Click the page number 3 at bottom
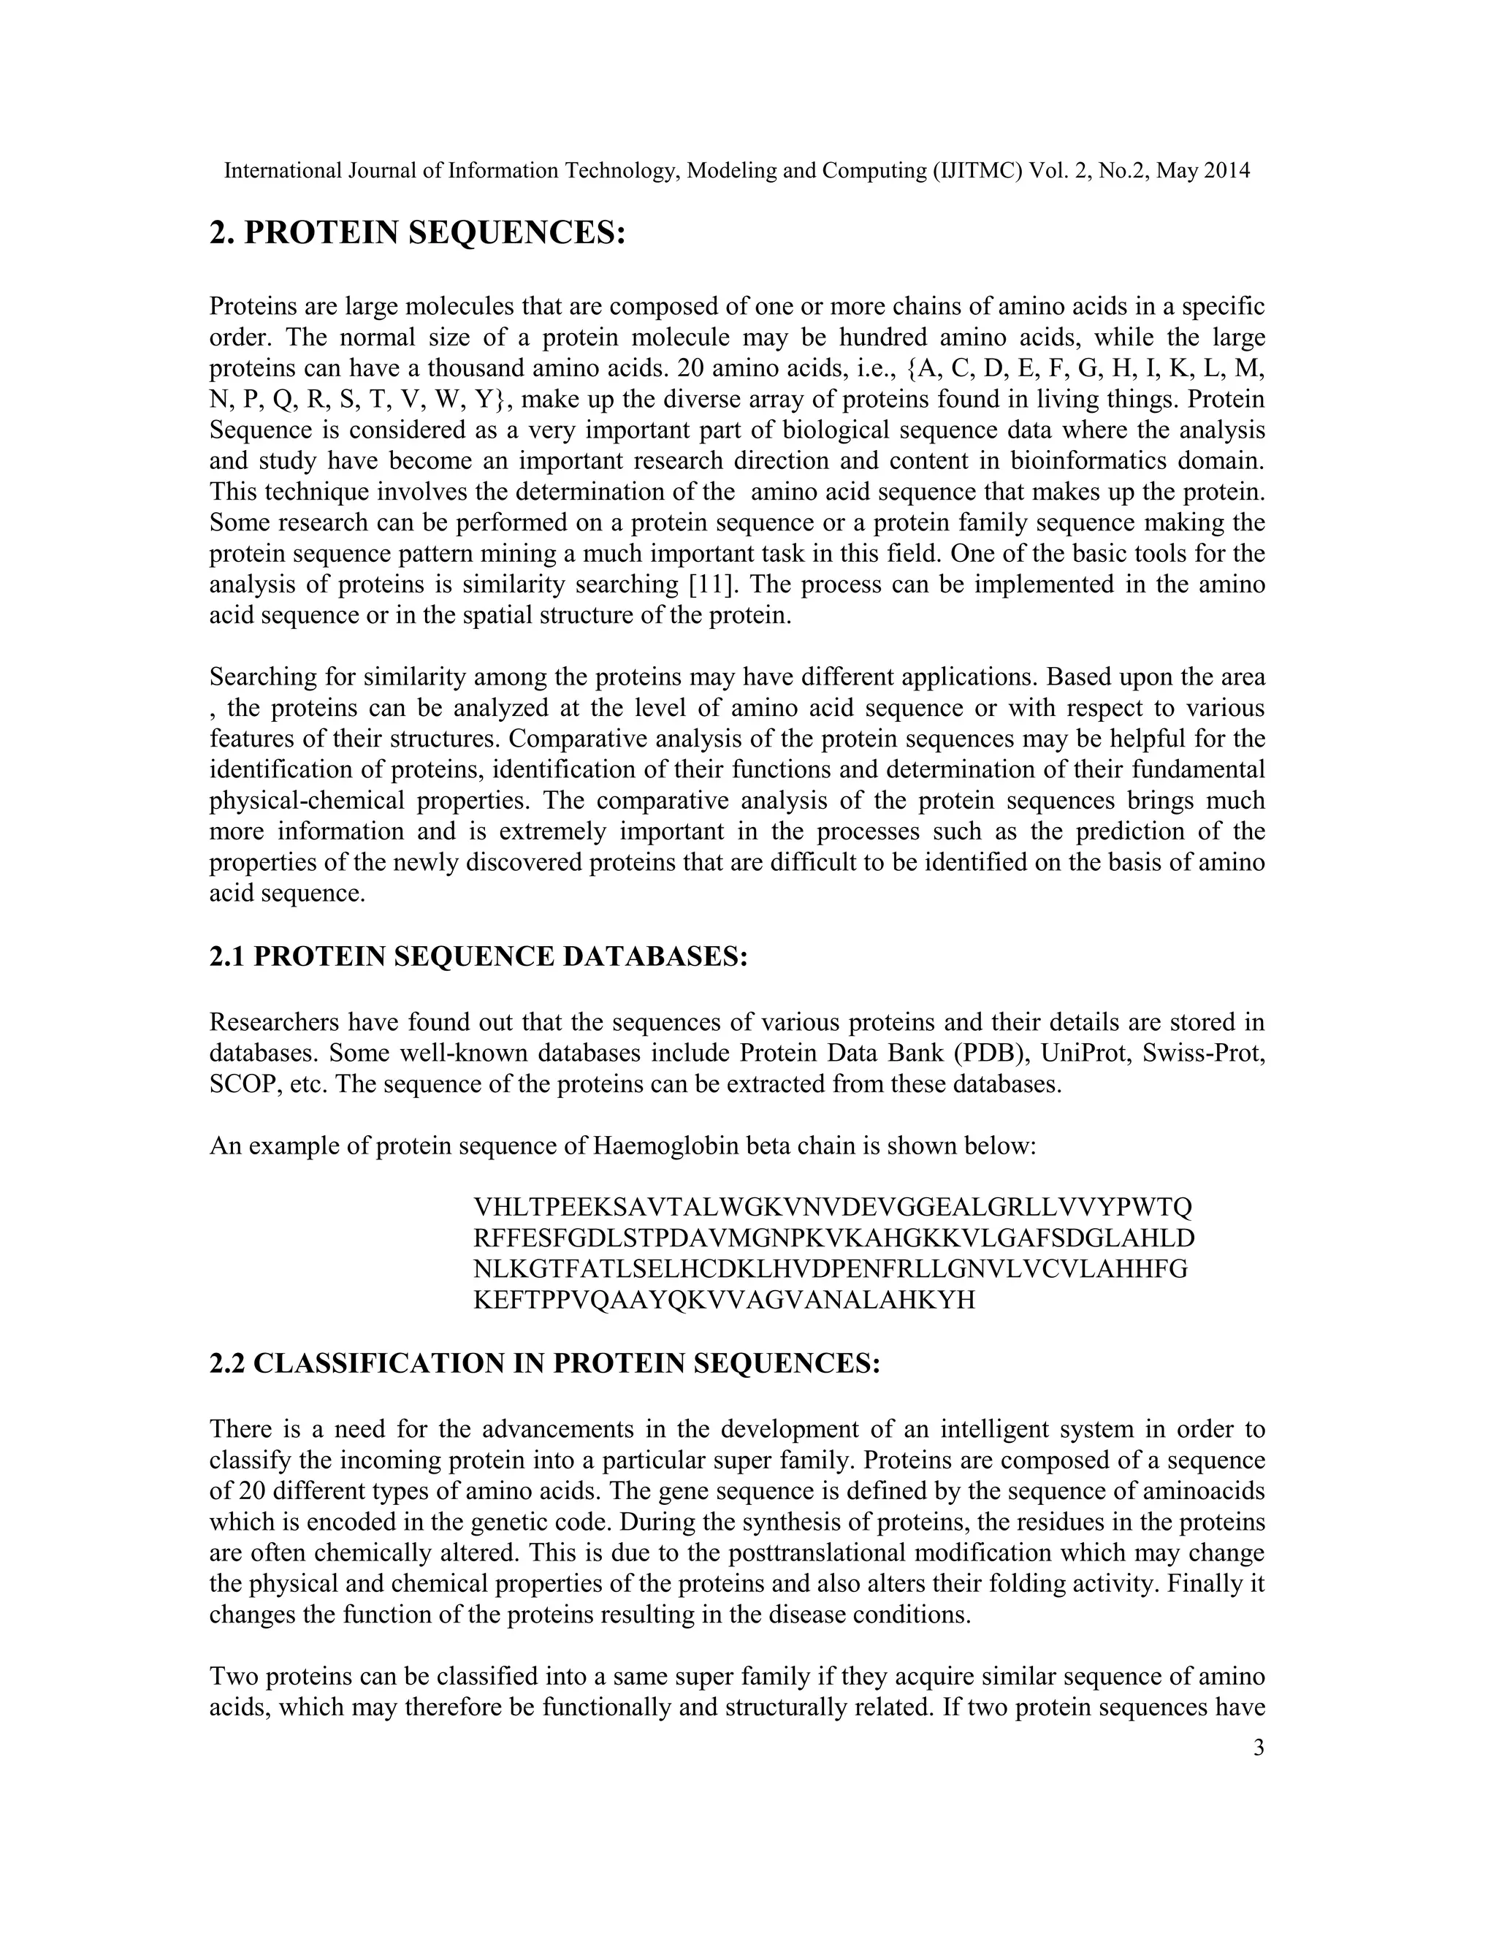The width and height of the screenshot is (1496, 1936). pyautogui.click(x=1259, y=1748)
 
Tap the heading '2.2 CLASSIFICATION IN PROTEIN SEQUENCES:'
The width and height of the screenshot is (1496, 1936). pyautogui.click(x=544, y=1363)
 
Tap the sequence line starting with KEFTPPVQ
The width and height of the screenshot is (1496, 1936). pyautogui.click(x=724, y=1300)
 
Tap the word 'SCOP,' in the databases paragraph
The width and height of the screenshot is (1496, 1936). pyautogui.click(x=245, y=1085)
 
